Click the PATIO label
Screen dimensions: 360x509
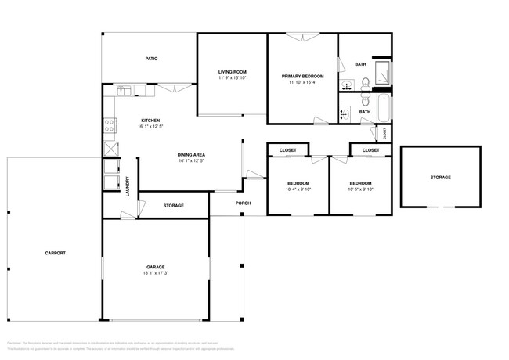pos(152,59)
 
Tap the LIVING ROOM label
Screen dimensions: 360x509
pos(232,72)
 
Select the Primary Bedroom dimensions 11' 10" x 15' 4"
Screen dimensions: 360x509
pos(302,82)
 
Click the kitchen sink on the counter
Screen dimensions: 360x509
pos(125,92)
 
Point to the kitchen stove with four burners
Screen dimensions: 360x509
pos(109,124)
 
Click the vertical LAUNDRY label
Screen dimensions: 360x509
pos(128,185)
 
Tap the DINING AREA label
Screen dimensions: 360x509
pos(191,154)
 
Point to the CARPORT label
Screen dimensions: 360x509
pos(55,253)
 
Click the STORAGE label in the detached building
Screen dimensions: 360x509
pos(440,178)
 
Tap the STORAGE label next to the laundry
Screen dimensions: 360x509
pos(173,206)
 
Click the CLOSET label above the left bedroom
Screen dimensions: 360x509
pos(287,149)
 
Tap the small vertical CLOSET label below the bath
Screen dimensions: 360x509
pos(385,133)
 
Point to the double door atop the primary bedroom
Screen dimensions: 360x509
pos(302,36)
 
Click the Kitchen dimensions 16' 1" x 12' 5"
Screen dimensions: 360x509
pos(150,126)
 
